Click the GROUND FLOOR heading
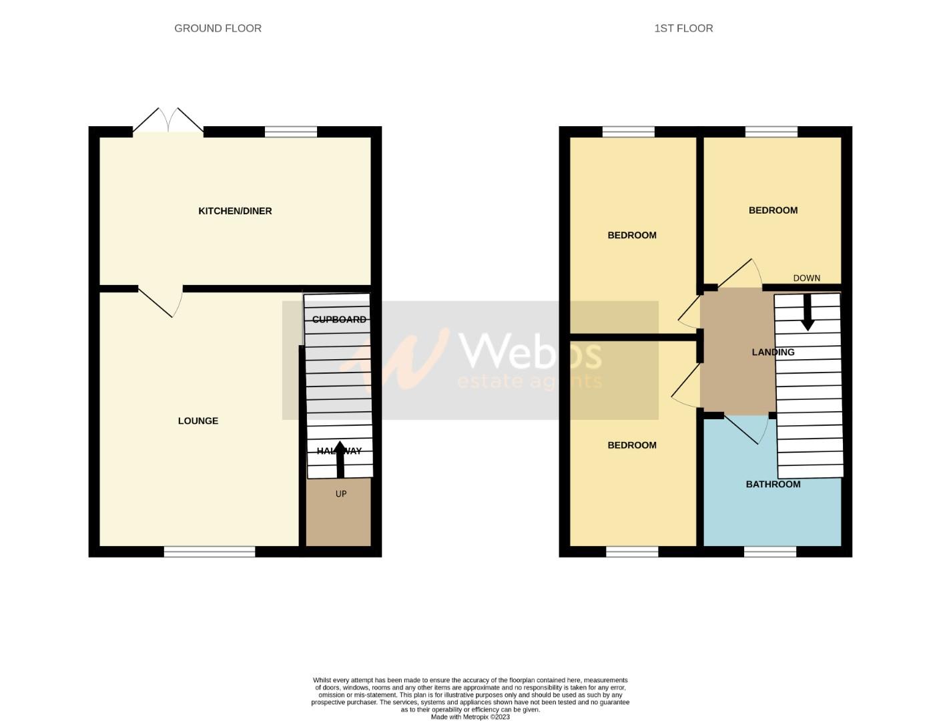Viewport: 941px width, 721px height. pyautogui.click(x=218, y=28)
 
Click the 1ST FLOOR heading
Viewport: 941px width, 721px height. pyautogui.click(x=683, y=28)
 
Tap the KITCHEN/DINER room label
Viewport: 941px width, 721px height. pyautogui.click(x=235, y=211)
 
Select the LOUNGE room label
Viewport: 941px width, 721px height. pyautogui.click(x=198, y=421)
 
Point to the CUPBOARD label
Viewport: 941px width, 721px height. pyautogui.click(x=339, y=320)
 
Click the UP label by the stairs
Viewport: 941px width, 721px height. pyautogui.click(x=341, y=494)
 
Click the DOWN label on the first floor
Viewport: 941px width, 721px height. pyautogui.click(x=806, y=278)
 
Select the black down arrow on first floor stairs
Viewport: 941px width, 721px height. pyautogui.click(x=808, y=312)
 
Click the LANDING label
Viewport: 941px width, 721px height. pyautogui.click(x=773, y=352)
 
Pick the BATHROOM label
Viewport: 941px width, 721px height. pyautogui.click(x=773, y=484)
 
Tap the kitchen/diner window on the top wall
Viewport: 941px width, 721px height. pyautogui.click(x=290, y=132)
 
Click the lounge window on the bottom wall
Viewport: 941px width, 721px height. pyautogui.click(x=210, y=551)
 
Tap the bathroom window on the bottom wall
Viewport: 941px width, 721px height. pyautogui.click(x=770, y=551)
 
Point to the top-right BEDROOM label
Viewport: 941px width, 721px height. pyautogui.click(x=773, y=210)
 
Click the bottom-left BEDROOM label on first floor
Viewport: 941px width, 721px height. pyautogui.click(x=632, y=445)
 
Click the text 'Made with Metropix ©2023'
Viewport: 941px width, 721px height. pyautogui.click(x=470, y=717)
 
